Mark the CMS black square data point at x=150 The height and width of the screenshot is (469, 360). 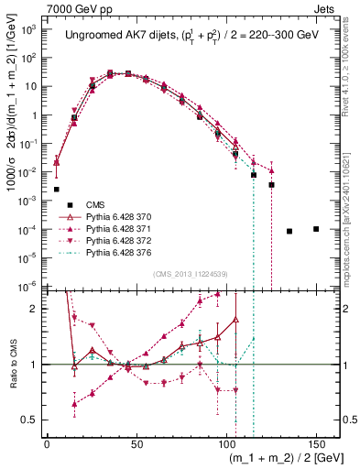click(316, 229)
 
